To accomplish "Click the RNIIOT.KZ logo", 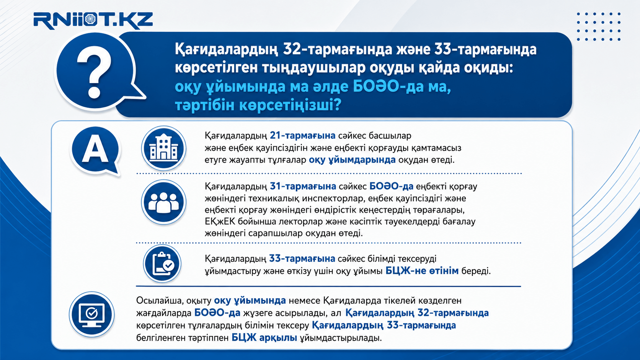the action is point(93,21).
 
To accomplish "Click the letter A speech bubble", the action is point(96,150).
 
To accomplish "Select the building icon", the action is point(164,148).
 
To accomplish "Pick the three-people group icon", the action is point(164,202).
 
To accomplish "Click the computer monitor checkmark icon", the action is point(92,314).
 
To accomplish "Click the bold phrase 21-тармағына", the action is point(302,135).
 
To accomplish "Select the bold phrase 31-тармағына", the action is point(303,186).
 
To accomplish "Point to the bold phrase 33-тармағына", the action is point(302,259).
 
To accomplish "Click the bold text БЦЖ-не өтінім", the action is point(422,270).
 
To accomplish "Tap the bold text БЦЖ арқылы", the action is point(264,338).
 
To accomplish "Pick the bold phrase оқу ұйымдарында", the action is point(352,160).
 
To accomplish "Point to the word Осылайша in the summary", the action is point(160,301).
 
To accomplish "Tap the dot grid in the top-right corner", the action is point(598,26).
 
